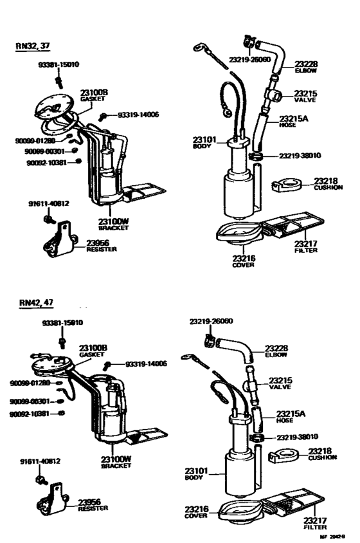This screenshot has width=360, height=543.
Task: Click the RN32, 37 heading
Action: point(32,46)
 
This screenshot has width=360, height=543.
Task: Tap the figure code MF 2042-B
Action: point(335,536)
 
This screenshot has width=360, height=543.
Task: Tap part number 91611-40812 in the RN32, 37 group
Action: point(48,204)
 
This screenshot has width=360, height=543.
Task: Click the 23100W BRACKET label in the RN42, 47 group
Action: point(116,461)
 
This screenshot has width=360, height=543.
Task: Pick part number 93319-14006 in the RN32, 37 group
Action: point(138,115)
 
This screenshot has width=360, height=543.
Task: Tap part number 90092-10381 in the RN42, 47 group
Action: point(30,414)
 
